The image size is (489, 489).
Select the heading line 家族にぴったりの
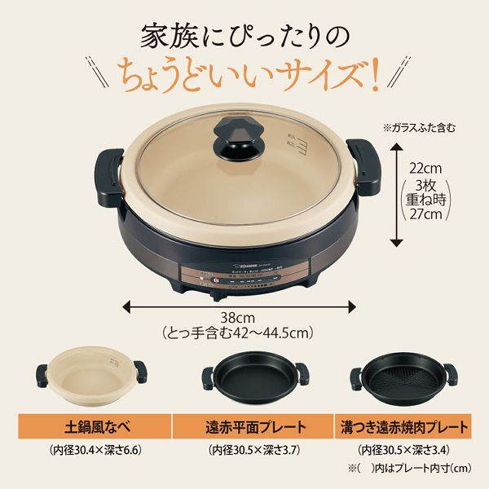pyautogui.click(x=244, y=35)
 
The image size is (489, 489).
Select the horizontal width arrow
pyautogui.click(x=238, y=306)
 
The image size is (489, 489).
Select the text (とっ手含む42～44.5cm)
pyautogui.click(x=237, y=333)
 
